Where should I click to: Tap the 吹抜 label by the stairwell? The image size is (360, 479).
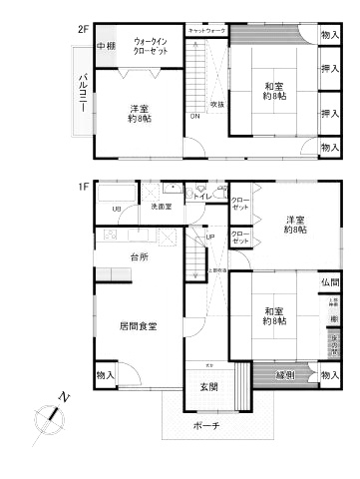tap(216, 104)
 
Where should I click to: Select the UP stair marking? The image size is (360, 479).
tap(208, 237)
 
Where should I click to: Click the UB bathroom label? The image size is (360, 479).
tap(117, 209)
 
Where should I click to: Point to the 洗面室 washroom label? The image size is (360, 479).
tap(161, 207)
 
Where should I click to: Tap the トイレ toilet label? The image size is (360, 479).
tap(202, 197)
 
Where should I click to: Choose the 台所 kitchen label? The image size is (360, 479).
tap(139, 256)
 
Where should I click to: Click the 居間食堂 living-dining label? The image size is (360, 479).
tap(138, 325)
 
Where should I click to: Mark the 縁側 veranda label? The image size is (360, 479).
tap(284, 374)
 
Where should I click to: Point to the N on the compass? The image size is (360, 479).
tap(63, 398)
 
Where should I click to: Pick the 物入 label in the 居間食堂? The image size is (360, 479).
tap(106, 374)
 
